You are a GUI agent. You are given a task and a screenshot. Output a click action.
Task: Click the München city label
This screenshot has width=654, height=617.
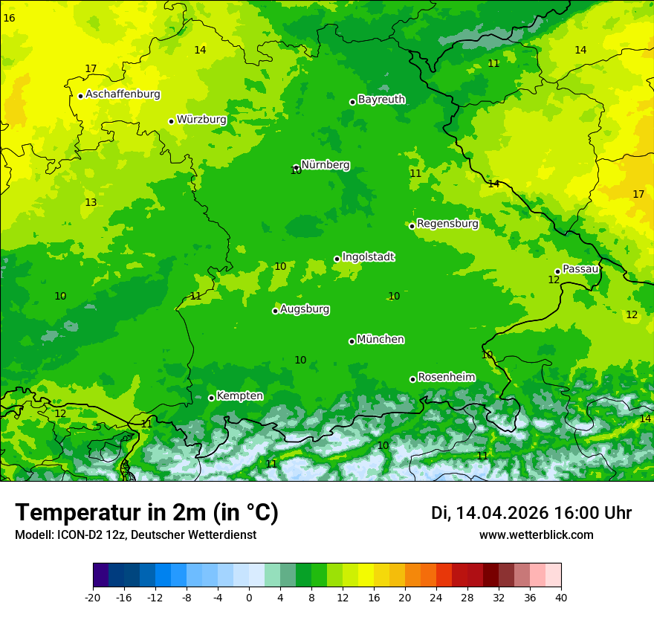[381, 340]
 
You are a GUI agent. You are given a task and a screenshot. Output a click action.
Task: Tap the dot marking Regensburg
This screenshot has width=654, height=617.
[412, 226]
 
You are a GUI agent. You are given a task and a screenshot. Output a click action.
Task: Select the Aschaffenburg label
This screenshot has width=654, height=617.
[123, 94]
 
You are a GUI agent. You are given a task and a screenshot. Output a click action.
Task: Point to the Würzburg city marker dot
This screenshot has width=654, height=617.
[171, 121]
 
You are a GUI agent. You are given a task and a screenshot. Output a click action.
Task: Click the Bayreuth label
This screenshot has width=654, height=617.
[381, 100]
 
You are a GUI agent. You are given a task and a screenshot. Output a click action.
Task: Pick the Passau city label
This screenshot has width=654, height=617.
[580, 269]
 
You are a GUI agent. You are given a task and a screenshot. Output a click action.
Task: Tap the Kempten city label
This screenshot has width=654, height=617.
[239, 396]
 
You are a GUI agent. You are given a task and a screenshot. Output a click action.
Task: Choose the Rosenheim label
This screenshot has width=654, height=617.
[446, 378]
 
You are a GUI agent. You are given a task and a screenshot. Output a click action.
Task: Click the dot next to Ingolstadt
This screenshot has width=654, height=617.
[337, 259]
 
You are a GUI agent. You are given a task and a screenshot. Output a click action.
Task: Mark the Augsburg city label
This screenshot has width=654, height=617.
[305, 309]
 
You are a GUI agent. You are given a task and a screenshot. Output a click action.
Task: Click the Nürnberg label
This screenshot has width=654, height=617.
[326, 165]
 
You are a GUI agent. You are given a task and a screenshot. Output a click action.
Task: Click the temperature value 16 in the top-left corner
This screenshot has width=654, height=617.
[9, 17]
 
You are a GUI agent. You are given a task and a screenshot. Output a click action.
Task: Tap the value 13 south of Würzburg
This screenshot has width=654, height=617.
[91, 202]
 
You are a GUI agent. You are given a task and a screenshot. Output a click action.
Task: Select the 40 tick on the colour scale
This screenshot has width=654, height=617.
[560, 597]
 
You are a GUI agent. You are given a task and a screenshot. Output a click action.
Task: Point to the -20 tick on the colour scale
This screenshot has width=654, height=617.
[93, 597]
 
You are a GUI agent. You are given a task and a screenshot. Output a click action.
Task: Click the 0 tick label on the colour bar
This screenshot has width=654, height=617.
[249, 597]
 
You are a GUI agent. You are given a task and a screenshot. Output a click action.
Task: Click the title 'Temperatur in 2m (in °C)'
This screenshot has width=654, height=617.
[146, 513]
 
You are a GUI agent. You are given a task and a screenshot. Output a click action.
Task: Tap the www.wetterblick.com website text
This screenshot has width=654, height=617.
[536, 535]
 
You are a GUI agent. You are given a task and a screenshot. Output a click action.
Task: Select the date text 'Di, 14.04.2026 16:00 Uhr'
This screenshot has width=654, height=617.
[531, 513]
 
